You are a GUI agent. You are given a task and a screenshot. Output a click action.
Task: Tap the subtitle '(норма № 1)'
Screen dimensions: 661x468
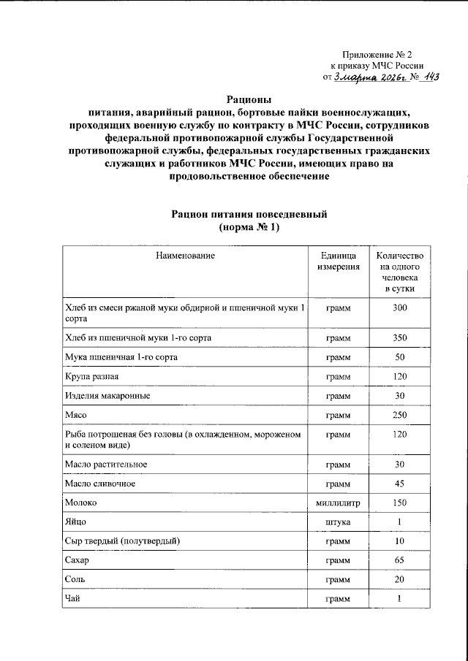coord(249,228)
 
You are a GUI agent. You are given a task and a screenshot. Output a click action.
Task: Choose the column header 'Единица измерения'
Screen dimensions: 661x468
coord(338,261)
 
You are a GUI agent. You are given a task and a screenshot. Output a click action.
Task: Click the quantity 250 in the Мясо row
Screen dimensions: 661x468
coord(399,416)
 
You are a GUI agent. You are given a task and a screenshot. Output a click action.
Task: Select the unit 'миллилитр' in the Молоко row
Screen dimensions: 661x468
coord(338,504)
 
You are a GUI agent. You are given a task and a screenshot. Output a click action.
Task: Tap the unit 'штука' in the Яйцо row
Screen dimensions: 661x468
coord(338,523)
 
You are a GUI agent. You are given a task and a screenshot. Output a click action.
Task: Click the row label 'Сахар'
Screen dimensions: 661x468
coord(80,561)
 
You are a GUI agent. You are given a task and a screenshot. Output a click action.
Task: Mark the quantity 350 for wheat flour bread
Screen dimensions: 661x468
coord(399,338)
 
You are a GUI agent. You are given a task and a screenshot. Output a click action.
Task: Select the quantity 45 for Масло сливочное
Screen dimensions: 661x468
coord(399,484)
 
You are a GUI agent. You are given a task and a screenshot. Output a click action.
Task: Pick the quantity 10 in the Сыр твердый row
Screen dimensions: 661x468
coord(399,541)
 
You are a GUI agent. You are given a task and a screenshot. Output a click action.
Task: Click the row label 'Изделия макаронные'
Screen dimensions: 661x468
coord(108,395)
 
